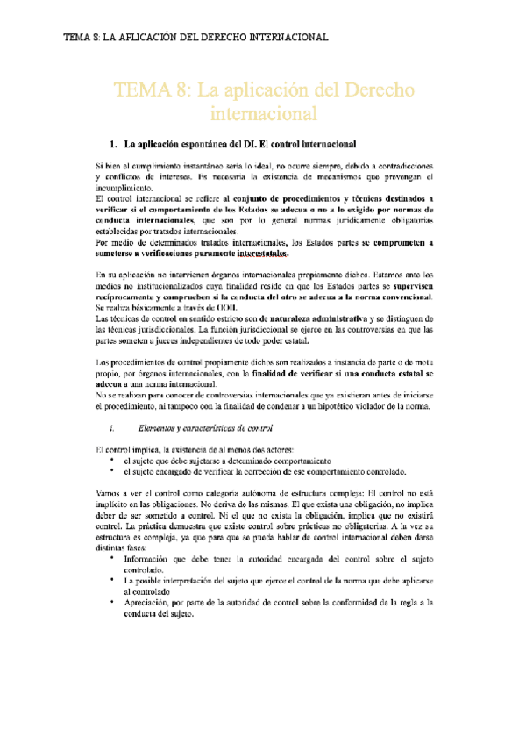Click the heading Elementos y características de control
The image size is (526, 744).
click(x=206, y=428)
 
